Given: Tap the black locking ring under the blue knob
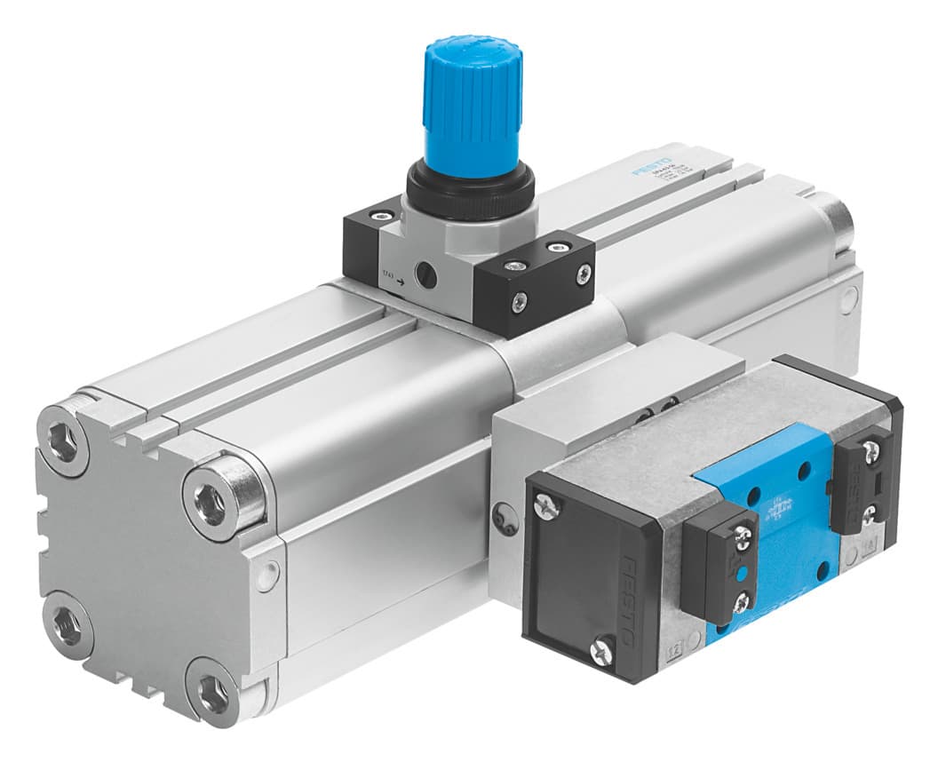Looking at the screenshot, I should tap(471, 191).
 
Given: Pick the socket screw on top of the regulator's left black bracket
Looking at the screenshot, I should tap(381, 214).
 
